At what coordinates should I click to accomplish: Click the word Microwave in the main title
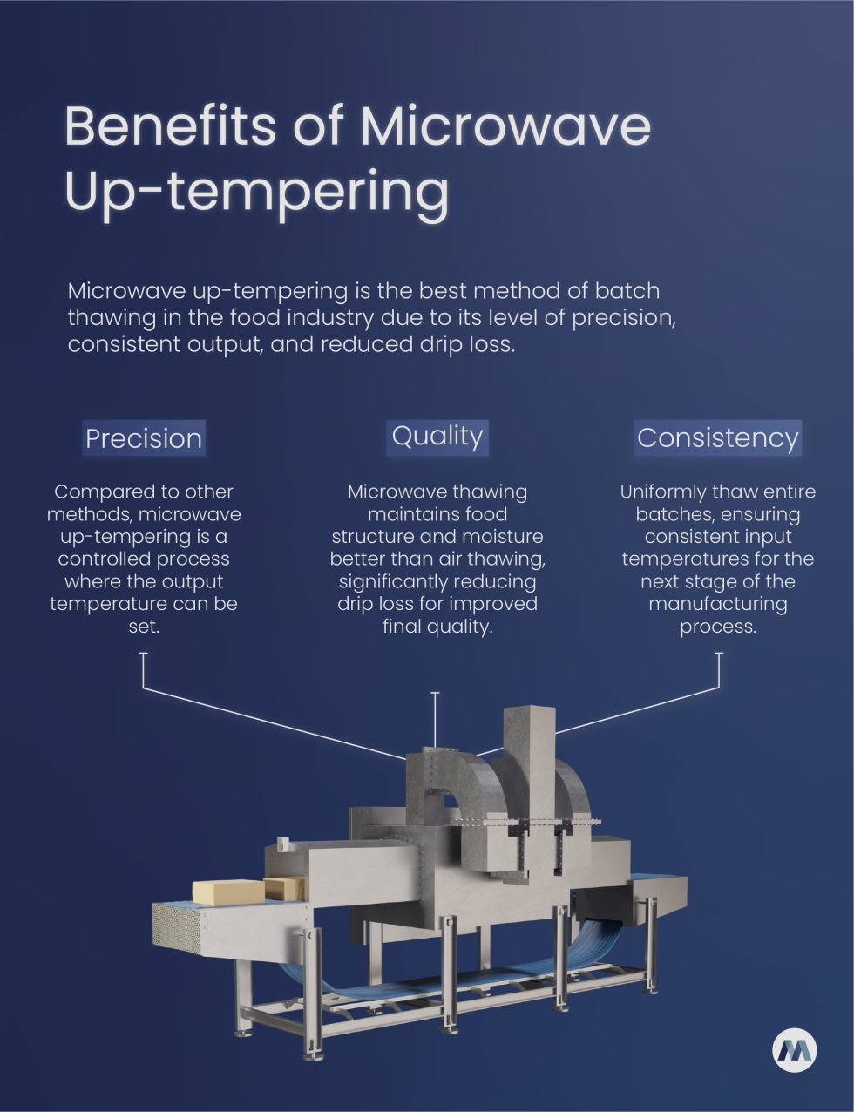pyautogui.click(x=505, y=126)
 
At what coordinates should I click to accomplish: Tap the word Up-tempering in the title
pyautogui.click(x=257, y=192)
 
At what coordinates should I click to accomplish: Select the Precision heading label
pyautogui.click(x=144, y=437)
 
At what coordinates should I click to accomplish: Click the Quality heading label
pyautogui.click(x=437, y=436)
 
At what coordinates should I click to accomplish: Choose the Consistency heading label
pyautogui.click(x=717, y=437)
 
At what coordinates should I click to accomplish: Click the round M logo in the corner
pyautogui.click(x=794, y=1050)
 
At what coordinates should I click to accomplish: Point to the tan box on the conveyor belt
pyautogui.click(x=227, y=892)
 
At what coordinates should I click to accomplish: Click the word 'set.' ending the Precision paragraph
pyautogui.click(x=144, y=627)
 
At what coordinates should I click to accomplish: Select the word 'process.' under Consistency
pyautogui.click(x=718, y=627)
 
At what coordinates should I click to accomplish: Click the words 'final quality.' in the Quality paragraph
pyautogui.click(x=437, y=627)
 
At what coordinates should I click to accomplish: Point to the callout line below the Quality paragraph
pyautogui.click(x=436, y=719)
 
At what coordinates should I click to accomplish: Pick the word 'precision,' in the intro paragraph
pyautogui.click(x=623, y=317)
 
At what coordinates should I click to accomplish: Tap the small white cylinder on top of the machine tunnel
pyautogui.click(x=283, y=844)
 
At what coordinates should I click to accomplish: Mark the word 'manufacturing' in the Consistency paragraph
pyautogui.click(x=718, y=604)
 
